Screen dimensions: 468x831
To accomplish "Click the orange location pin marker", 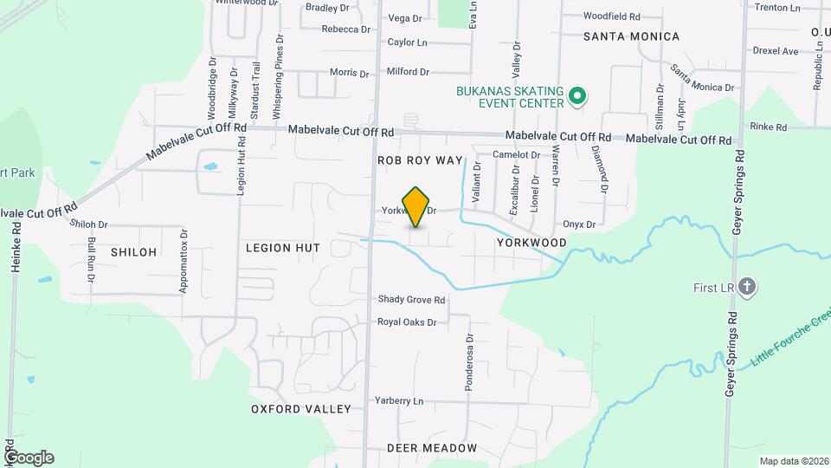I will (416, 206).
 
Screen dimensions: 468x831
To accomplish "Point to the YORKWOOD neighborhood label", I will (531, 244).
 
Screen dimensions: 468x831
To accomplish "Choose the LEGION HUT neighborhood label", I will (283, 248).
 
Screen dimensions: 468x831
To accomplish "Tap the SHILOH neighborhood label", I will (134, 252).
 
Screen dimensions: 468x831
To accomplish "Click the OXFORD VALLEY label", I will (301, 409).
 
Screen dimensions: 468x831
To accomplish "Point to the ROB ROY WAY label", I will (420, 161).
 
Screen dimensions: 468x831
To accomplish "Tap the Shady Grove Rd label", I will (411, 300).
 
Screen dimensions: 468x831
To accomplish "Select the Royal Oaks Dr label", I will (407, 322).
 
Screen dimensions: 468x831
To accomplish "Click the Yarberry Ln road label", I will (399, 401).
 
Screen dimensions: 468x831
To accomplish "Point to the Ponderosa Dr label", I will (469, 363).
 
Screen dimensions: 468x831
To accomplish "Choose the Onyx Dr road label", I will (580, 224).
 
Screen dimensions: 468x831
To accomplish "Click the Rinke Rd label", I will (769, 127).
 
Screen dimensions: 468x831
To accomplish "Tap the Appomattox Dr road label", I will (184, 260).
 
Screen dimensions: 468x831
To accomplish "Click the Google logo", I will (29, 458).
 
